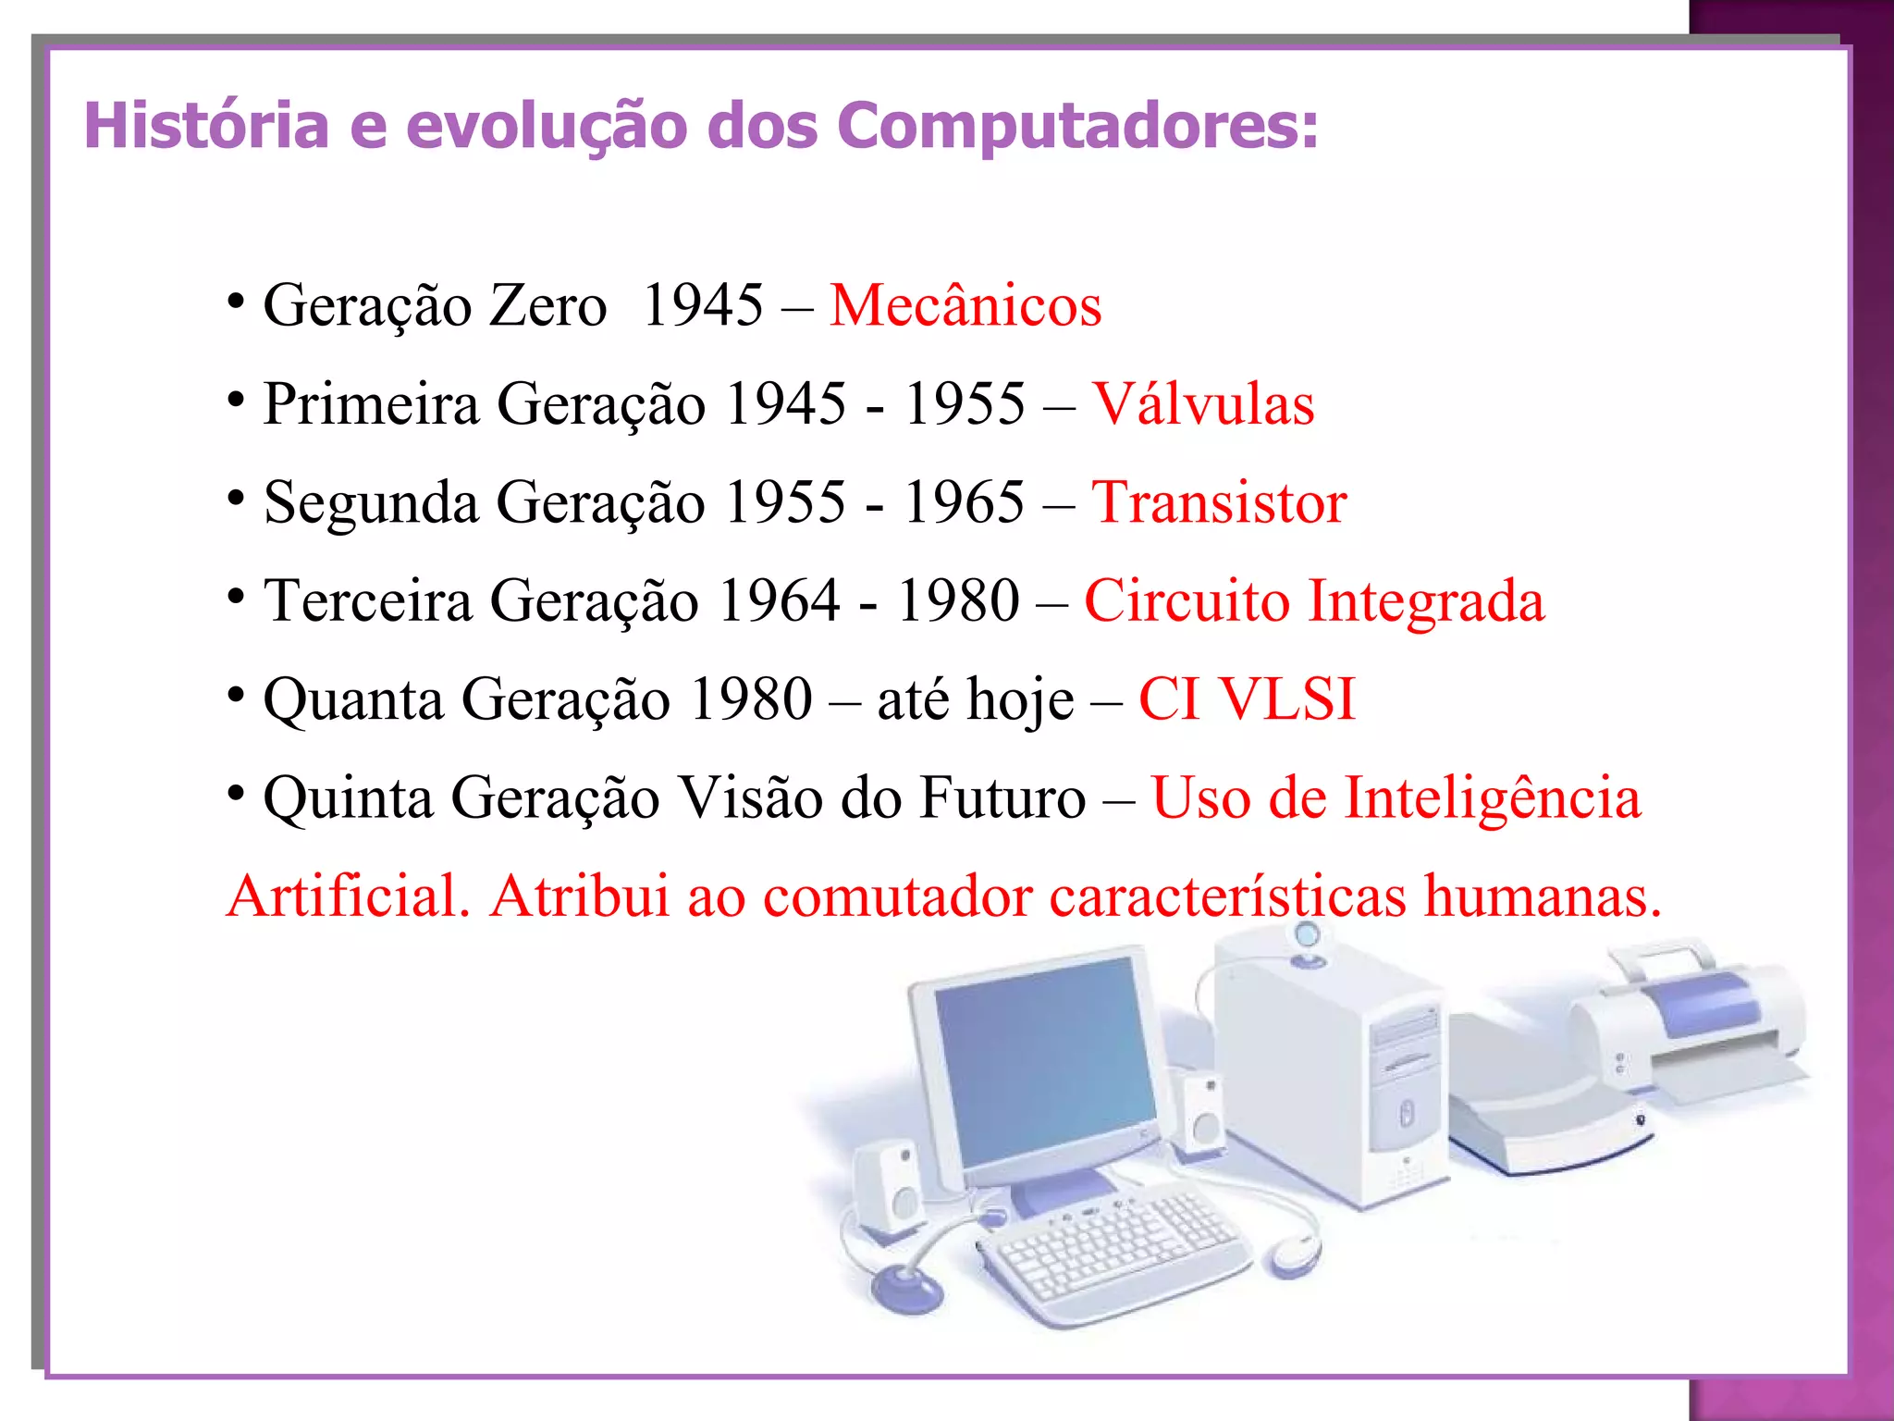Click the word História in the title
206,125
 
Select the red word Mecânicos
965,305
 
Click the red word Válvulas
1203,404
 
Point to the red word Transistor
1219,503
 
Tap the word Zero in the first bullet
547,305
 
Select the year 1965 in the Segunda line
964,503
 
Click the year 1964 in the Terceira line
779,601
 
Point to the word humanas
1543,896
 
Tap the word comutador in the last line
897,896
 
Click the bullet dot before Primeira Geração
237,401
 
